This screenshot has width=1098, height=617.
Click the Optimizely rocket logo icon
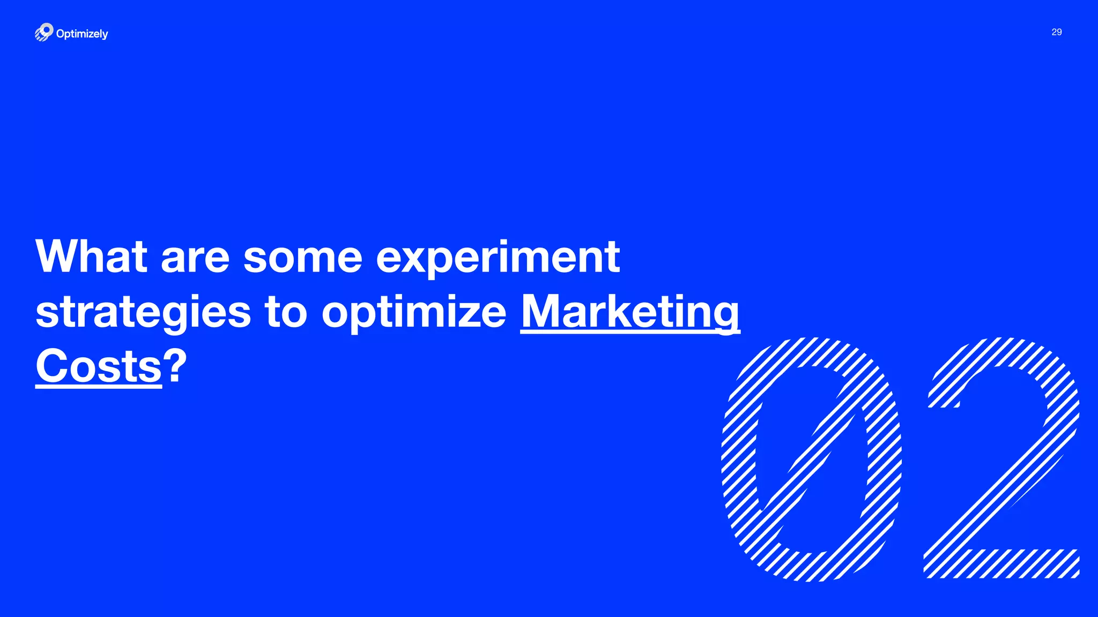(x=44, y=32)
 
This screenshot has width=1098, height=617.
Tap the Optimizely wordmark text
(x=82, y=34)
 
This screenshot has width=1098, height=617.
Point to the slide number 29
(x=1056, y=32)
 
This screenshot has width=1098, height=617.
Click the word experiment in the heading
(x=498, y=258)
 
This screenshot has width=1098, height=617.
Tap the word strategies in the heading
(x=143, y=313)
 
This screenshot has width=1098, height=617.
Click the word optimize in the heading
(x=414, y=313)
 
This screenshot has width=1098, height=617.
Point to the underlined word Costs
(x=99, y=366)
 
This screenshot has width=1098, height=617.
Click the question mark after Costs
(x=175, y=366)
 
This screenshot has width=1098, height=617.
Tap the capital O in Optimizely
(x=61, y=33)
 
